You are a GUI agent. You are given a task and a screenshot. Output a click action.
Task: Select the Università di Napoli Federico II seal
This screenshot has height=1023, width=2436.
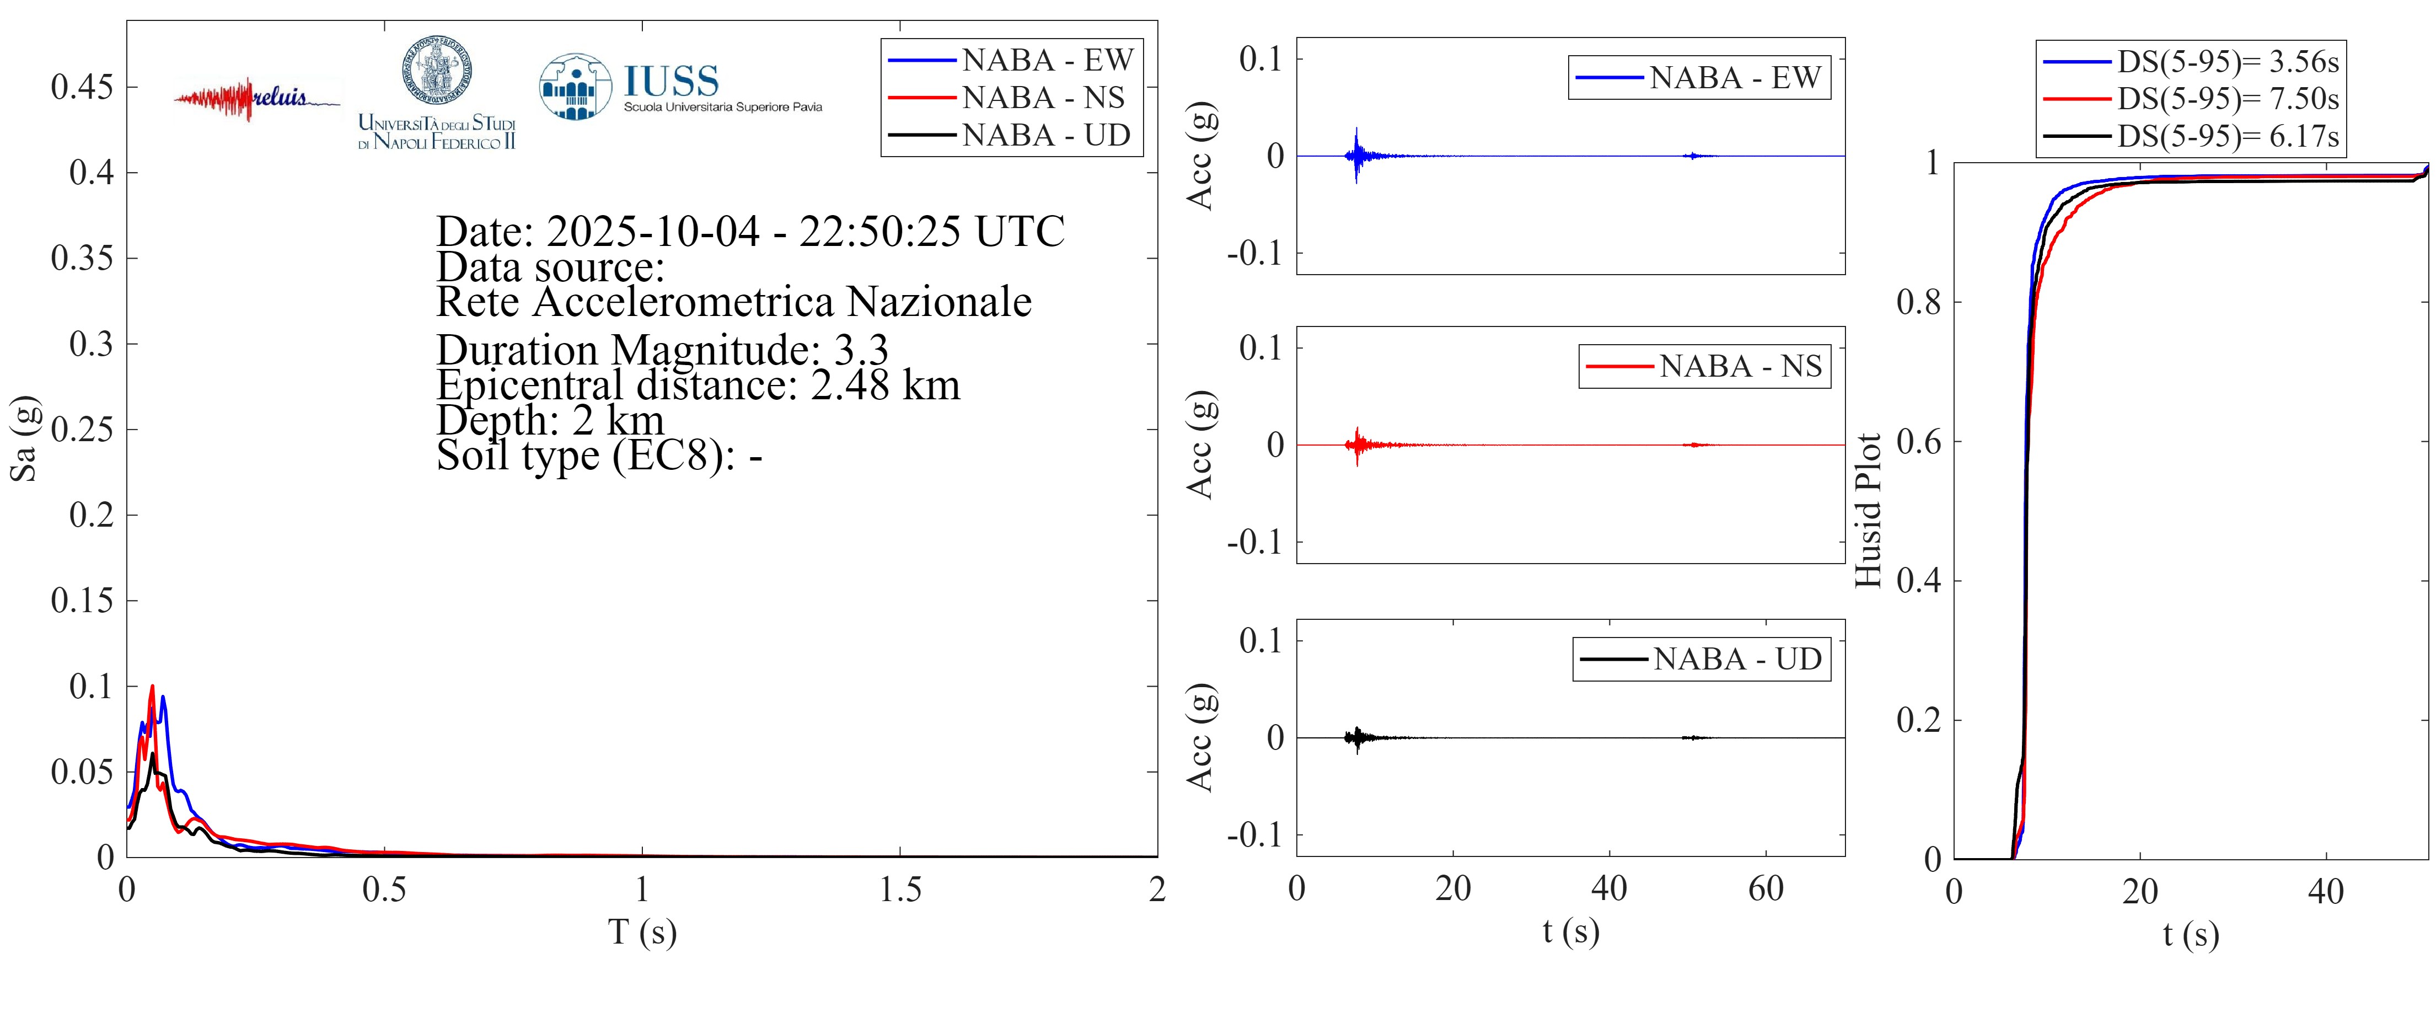[x=437, y=71]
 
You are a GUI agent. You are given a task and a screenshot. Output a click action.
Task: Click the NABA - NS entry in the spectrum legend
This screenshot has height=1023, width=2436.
[x=1043, y=98]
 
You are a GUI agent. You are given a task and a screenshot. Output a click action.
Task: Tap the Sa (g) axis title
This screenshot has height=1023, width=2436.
[x=24, y=438]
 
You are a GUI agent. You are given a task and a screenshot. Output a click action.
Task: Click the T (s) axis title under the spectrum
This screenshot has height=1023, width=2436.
[x=642, y=932]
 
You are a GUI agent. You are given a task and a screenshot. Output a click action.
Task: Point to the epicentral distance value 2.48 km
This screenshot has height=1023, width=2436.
[x=885, y=385]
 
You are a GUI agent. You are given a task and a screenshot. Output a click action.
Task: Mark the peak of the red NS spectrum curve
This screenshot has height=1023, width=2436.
[x=152, y=687]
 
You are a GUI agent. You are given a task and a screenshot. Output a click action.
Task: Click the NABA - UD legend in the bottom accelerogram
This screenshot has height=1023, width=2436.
[x=1736, y=659]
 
